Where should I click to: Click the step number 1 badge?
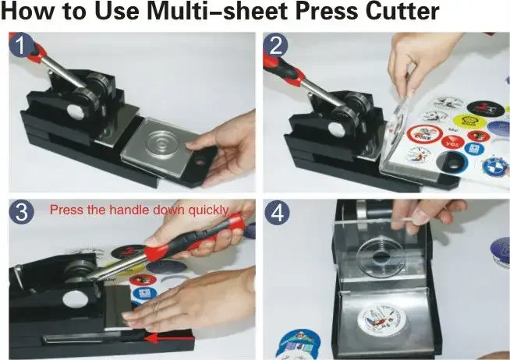tap(24, 46)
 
